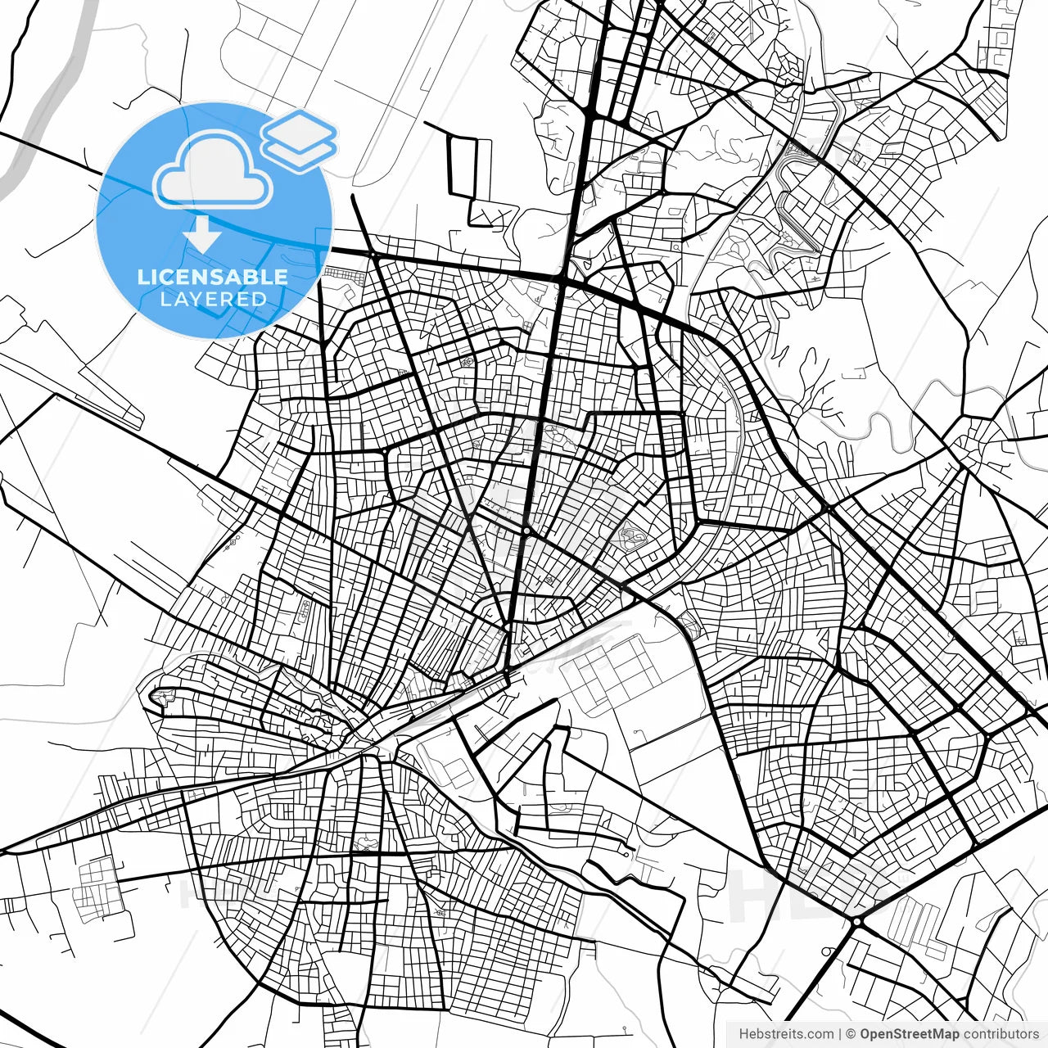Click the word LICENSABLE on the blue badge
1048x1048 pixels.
point(213,277)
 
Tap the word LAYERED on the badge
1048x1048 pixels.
point(213,300)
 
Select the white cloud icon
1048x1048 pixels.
point(213,169)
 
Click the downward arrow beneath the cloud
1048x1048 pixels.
point(201,234)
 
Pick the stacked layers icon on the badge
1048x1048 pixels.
point(299,140)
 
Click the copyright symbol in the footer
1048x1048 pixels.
point(851,1034)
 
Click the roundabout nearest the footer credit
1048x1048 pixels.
point(855,922)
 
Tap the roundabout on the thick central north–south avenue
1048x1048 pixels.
point(526,531)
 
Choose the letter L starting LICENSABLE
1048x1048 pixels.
point(142,277)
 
